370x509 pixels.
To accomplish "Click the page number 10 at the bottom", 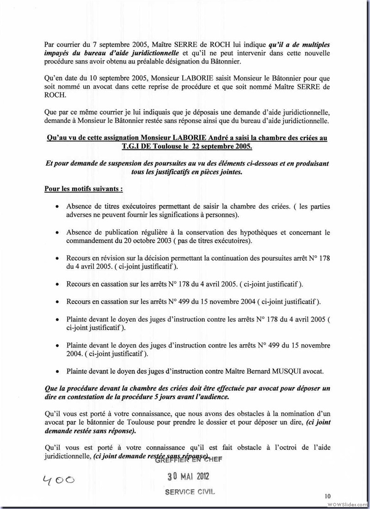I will point(328,496).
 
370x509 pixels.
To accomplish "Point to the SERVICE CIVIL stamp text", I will point(190,492).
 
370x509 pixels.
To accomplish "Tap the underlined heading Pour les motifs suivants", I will point(83,189).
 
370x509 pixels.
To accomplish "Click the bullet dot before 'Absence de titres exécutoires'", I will point(57,207).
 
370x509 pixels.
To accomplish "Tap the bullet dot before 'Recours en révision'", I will point(57,258).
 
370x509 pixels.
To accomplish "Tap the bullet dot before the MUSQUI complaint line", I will point(57,372).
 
